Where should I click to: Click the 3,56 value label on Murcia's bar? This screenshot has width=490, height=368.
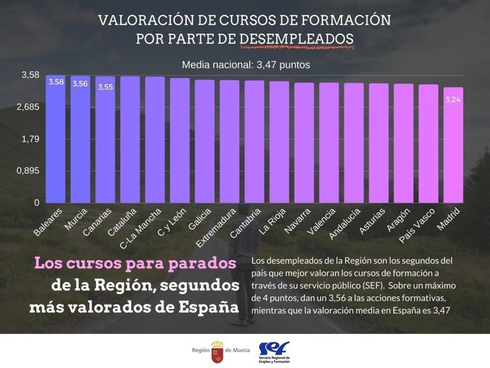pyautogui.click(x=80, y=84)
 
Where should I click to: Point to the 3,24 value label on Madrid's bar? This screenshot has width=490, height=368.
pyautogui.click(x=453, y=99)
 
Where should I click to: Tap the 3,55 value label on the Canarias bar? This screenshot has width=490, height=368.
pyautogui.click(x=105, y=87)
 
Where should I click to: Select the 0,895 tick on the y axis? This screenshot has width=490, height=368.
pyautogui.click(x=28, y=171)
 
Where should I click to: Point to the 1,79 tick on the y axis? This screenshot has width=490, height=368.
pyautogui.click(x=31, y=139)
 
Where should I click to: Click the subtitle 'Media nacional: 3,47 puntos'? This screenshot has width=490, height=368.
pyautogui.click(x=246, y=64)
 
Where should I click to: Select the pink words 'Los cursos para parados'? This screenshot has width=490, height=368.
pyautogui.click(x=135, y=264)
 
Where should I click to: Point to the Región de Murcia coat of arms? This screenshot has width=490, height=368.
pyautogui.click(x=217, y=350)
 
